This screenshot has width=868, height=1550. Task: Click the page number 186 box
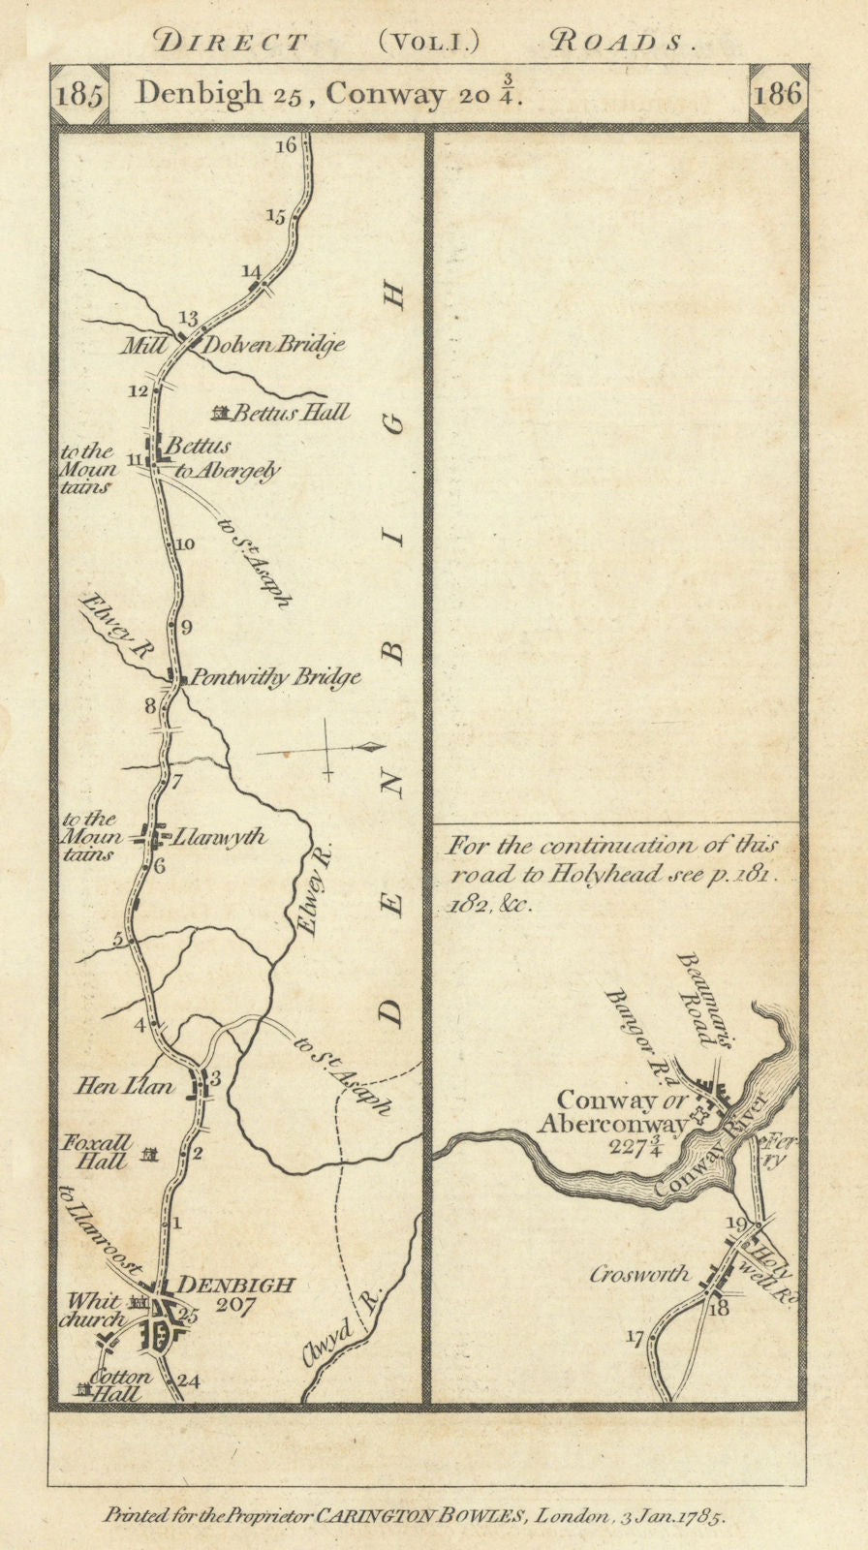779,95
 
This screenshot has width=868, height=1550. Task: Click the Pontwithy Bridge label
276,678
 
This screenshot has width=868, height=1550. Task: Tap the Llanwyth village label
218,836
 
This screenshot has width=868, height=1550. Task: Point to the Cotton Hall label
120,1385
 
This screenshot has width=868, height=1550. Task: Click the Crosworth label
638,1275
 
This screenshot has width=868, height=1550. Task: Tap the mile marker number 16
285,146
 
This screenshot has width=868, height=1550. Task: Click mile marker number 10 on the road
184,543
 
